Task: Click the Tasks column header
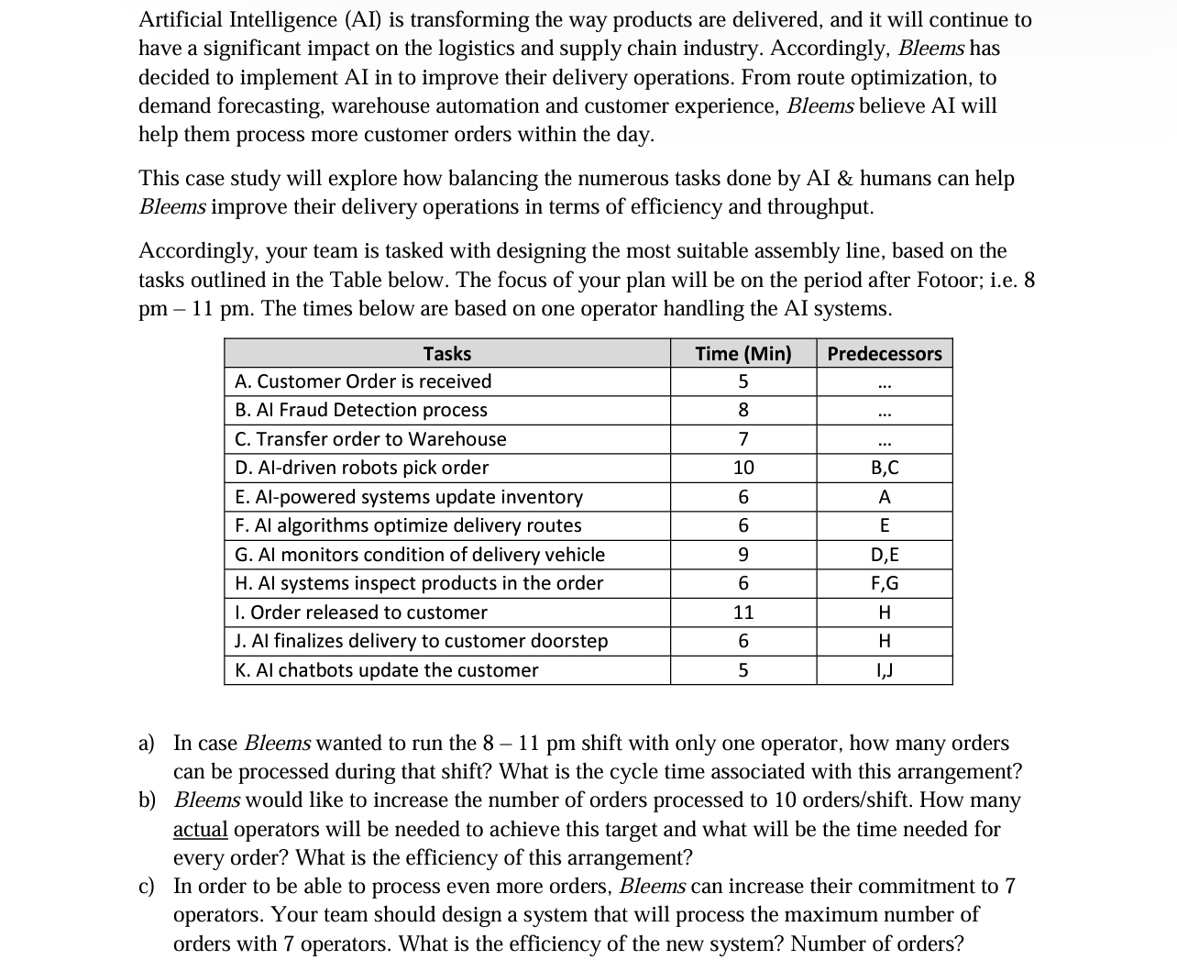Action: point(446,354)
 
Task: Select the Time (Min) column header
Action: point(742,354)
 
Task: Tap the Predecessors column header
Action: point(884,354)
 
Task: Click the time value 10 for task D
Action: point(742,468)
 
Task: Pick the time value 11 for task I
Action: point(742,612)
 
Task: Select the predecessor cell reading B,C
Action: point(884,468)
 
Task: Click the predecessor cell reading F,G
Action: point(884,583)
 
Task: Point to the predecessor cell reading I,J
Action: point(884,670)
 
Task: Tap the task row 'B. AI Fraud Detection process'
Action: point(361,410)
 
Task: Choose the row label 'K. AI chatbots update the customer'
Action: point(387,670)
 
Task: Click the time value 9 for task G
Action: point(742,555)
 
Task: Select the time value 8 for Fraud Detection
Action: point(742,410)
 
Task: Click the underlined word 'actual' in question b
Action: point(200,830)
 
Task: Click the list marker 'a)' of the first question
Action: point(147,744)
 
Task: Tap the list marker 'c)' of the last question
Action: point(147,887)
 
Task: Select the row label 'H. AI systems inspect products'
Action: point(419,583)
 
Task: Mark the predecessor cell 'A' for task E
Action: point(884,497)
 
